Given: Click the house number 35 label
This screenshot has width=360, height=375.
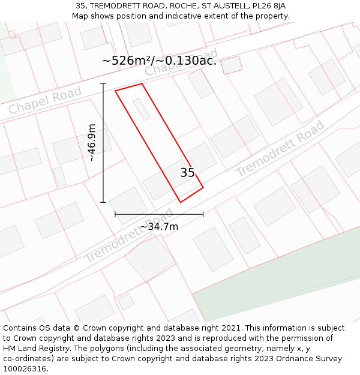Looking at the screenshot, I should (187, 173).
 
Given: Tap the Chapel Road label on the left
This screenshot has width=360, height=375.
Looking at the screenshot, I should (45, 101).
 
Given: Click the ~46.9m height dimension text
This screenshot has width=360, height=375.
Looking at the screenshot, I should (92, 143).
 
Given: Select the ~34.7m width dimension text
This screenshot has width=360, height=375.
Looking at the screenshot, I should (159, 226).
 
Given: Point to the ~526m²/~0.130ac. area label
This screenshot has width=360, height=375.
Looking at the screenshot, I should (159, 61).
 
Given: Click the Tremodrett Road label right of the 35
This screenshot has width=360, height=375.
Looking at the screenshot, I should (280, 148).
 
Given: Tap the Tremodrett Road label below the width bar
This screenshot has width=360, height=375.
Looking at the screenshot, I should (128, 236).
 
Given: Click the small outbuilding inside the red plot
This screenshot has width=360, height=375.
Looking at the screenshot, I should (141, 109).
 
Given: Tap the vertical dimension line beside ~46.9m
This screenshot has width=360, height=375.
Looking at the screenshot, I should (103, 143).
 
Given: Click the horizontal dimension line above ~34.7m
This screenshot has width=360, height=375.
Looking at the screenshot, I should (159, 214).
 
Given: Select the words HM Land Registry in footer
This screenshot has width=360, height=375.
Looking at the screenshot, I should (33, 349).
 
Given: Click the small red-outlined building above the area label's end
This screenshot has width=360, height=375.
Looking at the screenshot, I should (232, 65).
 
